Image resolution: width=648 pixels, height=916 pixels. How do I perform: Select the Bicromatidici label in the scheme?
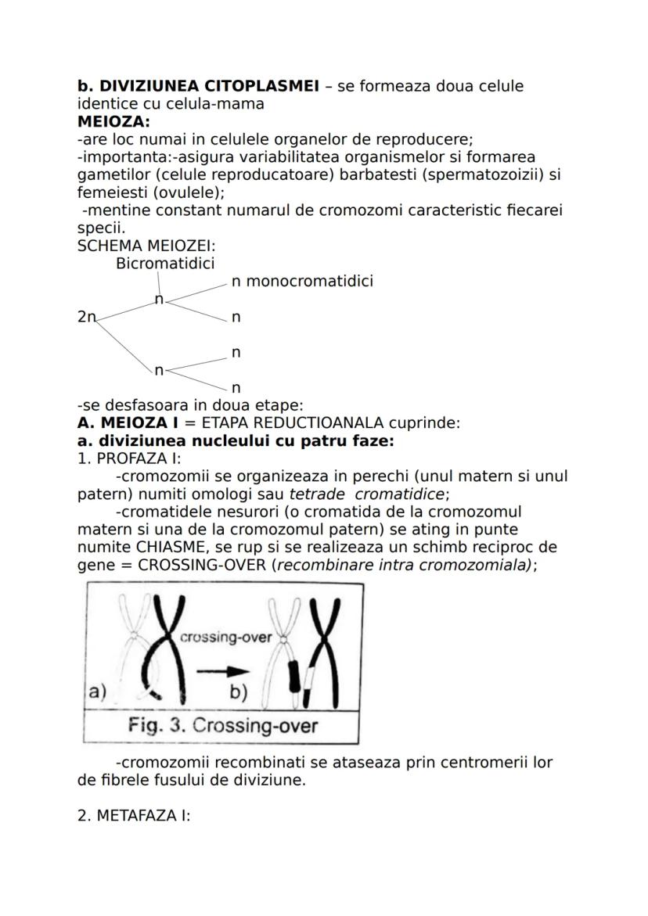(165, 264)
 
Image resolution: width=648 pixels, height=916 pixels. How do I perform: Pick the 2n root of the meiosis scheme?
(86, 317)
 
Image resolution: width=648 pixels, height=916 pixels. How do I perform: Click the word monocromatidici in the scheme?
(309, 282)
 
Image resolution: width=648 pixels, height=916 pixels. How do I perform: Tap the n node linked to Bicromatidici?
(159, 300)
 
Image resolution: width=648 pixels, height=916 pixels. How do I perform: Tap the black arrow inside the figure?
(221, 670)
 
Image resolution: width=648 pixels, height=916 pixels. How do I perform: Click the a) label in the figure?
(97, 691)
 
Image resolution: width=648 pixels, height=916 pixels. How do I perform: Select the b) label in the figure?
(239, 692)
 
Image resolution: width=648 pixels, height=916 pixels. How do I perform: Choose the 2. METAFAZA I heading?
(134, 816)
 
